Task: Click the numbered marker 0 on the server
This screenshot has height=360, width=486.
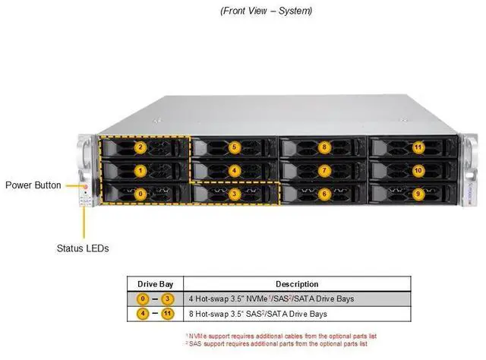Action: pyautogui.click(x=140, y=194)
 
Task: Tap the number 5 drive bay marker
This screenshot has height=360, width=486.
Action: pyautogui.click(x=235, y=147)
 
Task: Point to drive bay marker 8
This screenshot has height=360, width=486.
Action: pyautogui.click(x=324, y=147)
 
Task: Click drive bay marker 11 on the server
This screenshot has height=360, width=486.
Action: pyautogui.click(x=418, y=147)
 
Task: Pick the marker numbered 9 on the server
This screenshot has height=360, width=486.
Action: pyautogui.click(x=418, y=194)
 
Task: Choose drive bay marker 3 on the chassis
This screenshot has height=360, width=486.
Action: pyautogui.click(x=235, y=194)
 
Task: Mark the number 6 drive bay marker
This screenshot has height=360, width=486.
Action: pyautogui.click(x=324, y=194)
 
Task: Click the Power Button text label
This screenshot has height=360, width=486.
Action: pyautogui.click(x=33, y=185)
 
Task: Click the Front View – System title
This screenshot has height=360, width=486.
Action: pyautogui.click(x=266, y=11)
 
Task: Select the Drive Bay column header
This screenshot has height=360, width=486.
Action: pyautogui.click(x=155, y=283)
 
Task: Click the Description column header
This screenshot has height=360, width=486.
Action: pyautogui.click(x=297, y=283)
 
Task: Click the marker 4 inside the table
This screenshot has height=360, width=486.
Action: pyautogui.click(x=141, y=313)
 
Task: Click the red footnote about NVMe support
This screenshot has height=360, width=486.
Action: pyautogui.click(x=281, y=335)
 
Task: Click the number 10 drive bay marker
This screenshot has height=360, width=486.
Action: pyautogui.click(x=418, y=171)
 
